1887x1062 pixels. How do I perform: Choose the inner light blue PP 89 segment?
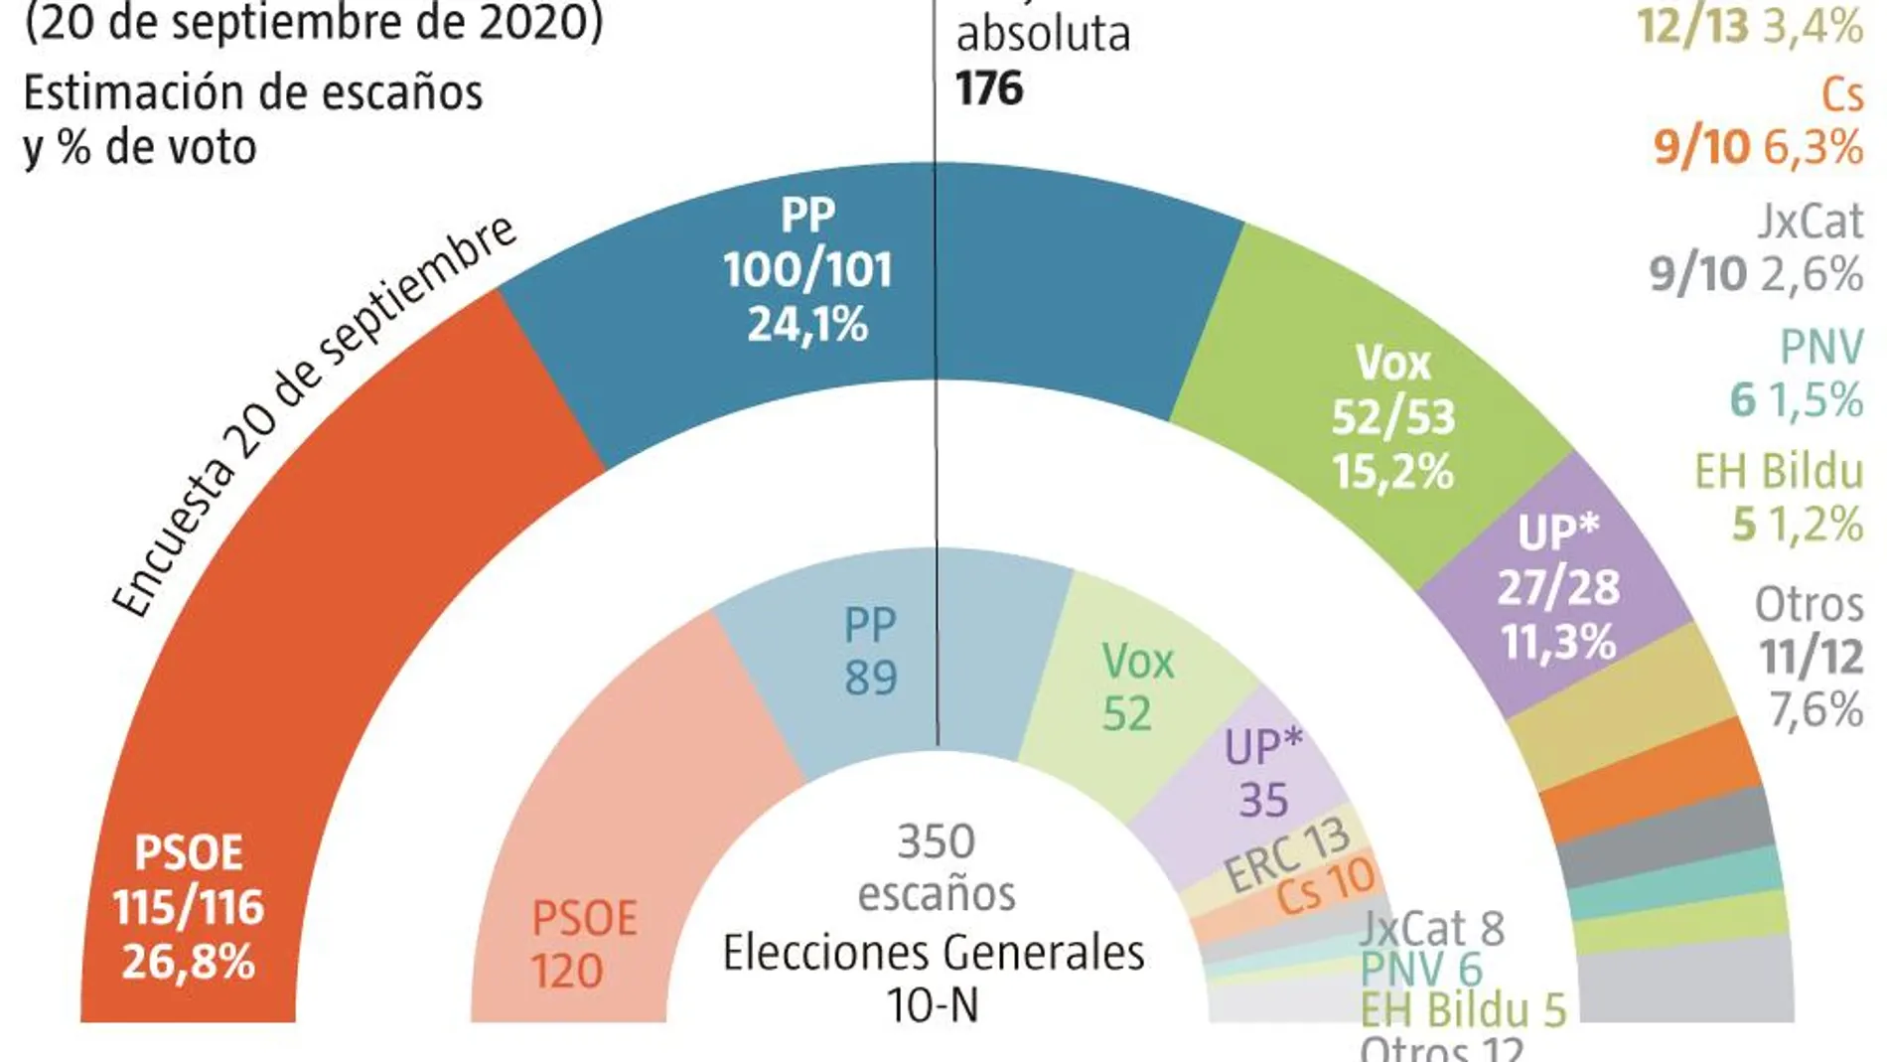(870, 652)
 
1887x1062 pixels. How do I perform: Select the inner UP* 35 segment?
(1263, 774)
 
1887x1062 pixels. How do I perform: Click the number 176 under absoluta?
(989, 89)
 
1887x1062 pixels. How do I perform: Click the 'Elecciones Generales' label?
(934, 954)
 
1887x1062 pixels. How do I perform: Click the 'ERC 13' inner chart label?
(1287, 855)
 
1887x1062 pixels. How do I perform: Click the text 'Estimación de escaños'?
(253, 93)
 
